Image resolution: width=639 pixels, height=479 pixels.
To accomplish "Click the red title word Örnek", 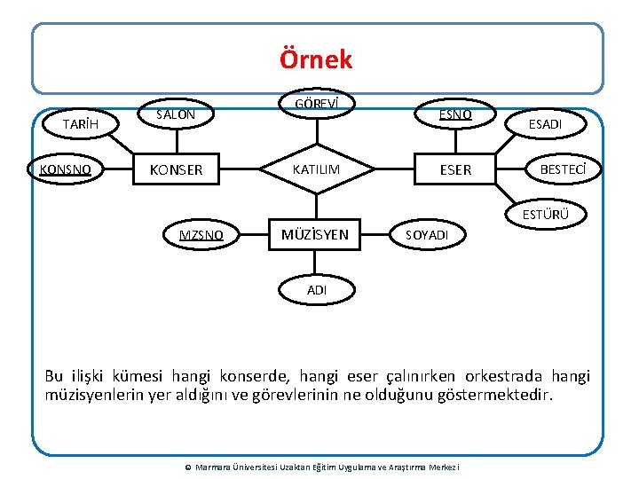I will tap(316, 59).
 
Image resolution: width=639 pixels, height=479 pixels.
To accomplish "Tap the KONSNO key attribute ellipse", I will tap(67, 169).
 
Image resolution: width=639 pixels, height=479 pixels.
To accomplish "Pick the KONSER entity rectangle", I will tap(176, 169).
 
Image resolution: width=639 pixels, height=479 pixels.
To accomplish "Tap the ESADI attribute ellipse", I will tap(545, 125).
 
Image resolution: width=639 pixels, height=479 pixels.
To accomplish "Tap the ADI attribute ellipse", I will tap(317, 289).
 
